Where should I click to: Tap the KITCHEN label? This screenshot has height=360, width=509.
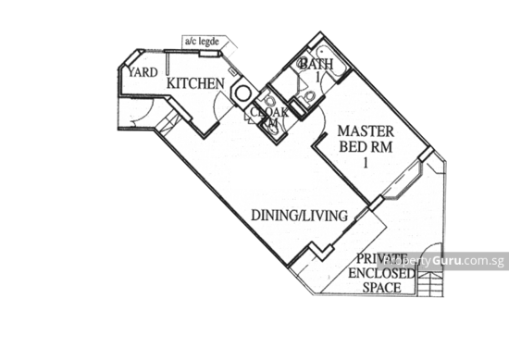click(x=194, y=84)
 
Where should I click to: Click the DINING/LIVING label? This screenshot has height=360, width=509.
click(x=299, y=216)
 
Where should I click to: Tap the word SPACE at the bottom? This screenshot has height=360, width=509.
click(x=381, y=289)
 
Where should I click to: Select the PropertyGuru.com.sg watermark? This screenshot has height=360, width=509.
click(x=442, y=261)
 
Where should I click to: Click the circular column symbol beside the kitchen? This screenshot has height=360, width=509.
click(x=242, y=93)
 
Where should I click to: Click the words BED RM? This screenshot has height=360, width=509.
click(x=348, y=147)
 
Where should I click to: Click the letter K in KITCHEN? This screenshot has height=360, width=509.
click(x=170, y=84)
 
